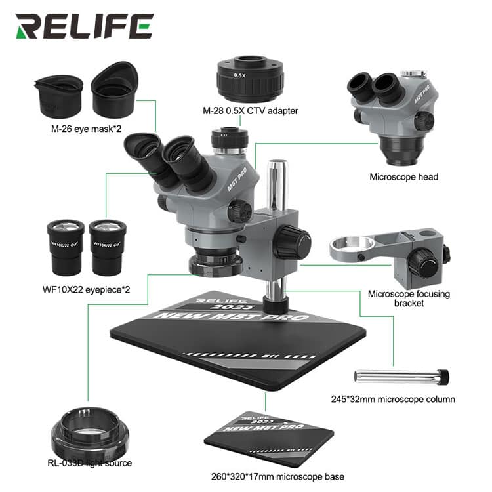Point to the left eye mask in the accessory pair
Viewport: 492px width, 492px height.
(58, 96)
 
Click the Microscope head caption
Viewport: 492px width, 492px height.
(403, 176)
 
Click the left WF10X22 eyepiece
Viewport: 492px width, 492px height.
(66, 247)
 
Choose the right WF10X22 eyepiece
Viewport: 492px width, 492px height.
(108, 246)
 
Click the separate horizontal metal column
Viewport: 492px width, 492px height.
(401, 377)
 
